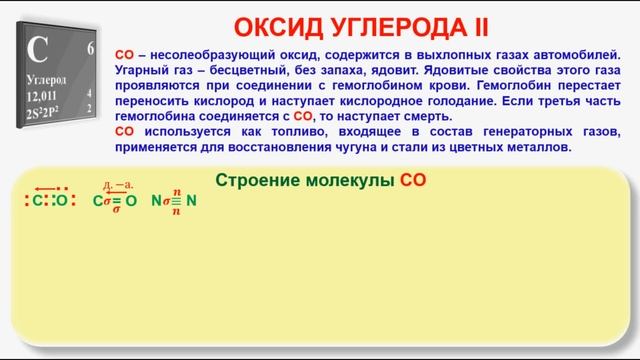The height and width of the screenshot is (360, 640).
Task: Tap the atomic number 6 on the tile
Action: tap(91, 48)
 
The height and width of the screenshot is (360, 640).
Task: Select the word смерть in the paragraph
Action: tap(429, 116)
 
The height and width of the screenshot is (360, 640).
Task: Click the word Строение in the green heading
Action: tap(257, 179)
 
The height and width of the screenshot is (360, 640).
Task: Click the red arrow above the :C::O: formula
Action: tap(44, 188)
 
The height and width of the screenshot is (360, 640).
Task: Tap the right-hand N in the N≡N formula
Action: tap(192, 200)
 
